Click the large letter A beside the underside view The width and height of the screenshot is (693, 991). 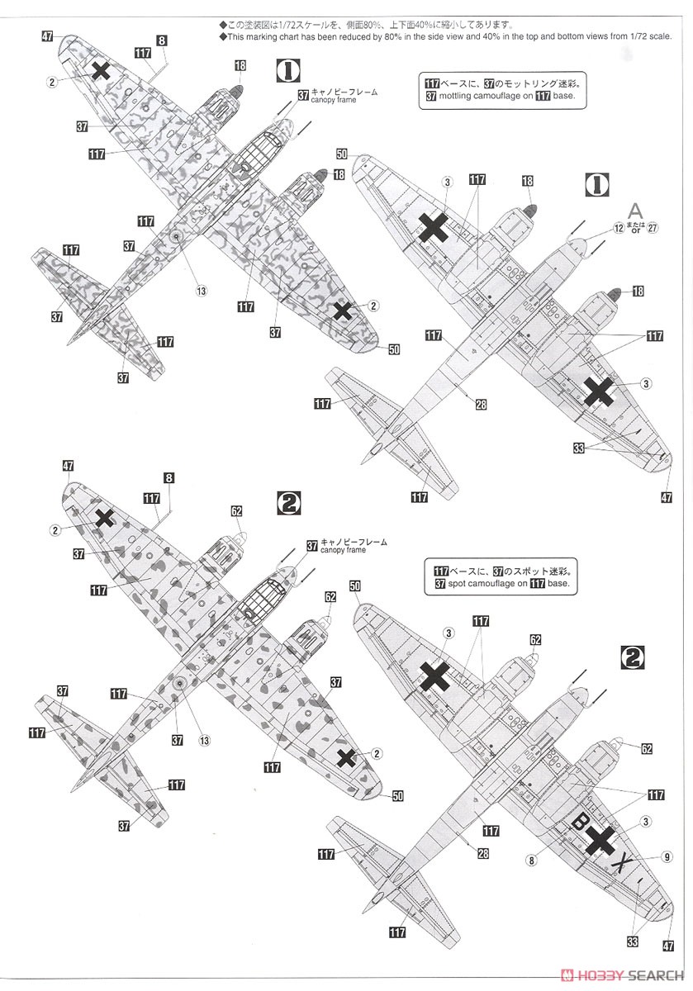tap(635, 210)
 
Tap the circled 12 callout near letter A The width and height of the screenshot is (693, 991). tap(619, 228)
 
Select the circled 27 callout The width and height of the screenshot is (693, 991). tap(653, 228)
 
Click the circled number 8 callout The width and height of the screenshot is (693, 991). tap(530, 859)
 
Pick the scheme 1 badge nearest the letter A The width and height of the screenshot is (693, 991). tap(592, 184)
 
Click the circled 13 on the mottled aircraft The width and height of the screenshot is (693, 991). tap(200, 290)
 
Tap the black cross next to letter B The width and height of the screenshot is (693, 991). tap(602, 840)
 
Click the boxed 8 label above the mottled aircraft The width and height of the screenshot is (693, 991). tap(161, 40)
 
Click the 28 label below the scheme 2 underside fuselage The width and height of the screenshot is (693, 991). tap(482, 854)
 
